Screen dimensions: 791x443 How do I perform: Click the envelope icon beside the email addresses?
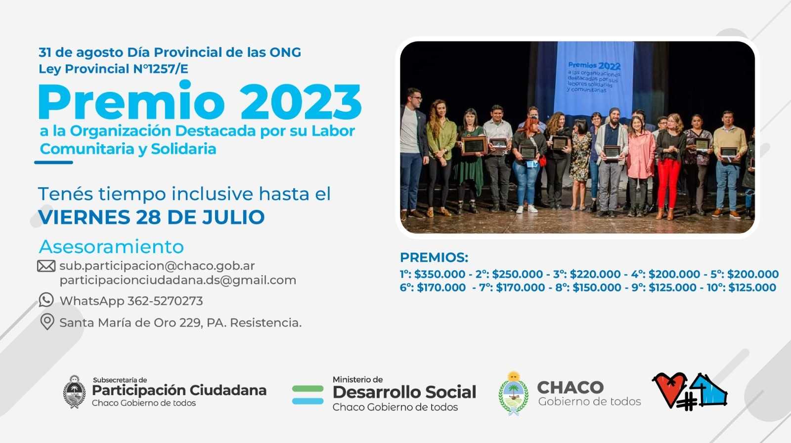pyautogui.click(x=46, y=266)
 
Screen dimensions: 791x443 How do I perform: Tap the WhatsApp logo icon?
pyautogui.click(x=46, y=300)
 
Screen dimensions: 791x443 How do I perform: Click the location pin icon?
pyautogui.click(x=47, y=322)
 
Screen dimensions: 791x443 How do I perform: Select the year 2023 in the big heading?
pyautogui.click(x=301, y=102)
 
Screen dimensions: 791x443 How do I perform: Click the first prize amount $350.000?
pyautogui.click(x=439, y=274)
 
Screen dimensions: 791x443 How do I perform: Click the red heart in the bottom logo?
pyautogui.click(x=669, y=389)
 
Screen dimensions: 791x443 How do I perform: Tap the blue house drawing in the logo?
pyautogui.click(x=708, y=389)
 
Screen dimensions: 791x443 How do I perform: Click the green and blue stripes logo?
pyautogui.click(x=308, y=395)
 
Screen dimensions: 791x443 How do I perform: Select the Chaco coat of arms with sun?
pyautogui.click(x=514, y=393)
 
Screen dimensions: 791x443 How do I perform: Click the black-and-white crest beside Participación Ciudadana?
pyautogui.click(x=75, y=392)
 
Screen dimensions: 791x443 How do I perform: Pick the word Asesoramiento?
pyautogui.click(x=111, y=246)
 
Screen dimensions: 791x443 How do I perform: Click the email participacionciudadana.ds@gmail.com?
pyautogui.click(x=178, y=281)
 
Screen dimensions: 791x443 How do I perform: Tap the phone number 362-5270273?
pyautogui.click(x=165, y=301)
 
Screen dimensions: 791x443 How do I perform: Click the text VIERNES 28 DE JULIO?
pyautogui.click(x=151, y=217)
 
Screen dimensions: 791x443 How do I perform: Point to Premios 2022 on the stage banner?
pyautogui.click(x=594, y=66)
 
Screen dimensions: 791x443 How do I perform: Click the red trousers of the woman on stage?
pyautogui.click(x=668, y=183)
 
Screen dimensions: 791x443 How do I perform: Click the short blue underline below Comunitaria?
pyautogui.click(x=54, y=162)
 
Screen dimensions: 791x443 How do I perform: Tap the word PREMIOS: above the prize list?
pyautogui.click(x=434, y=257)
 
